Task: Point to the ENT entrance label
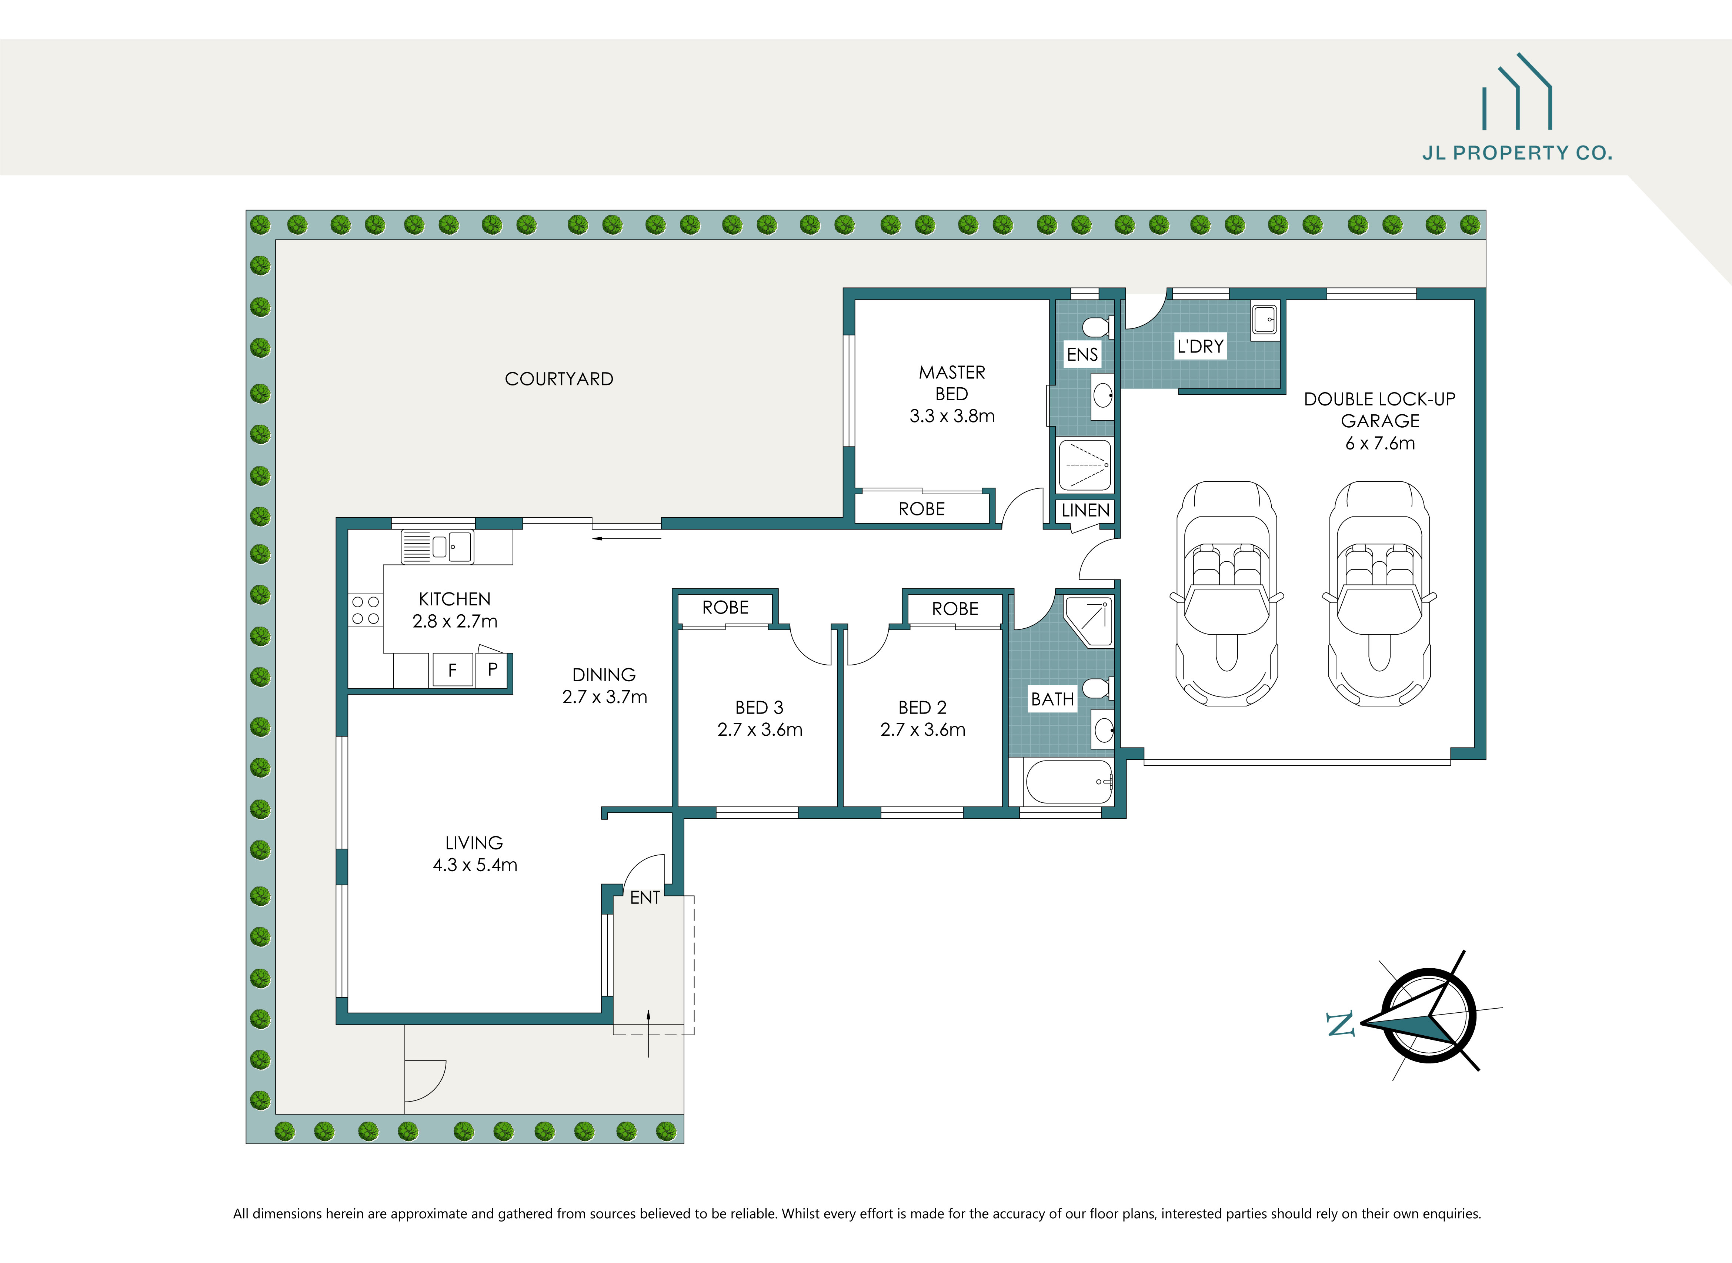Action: point(645,898)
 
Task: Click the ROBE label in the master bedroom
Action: point(921,509)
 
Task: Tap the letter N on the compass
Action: point(1340,1025)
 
